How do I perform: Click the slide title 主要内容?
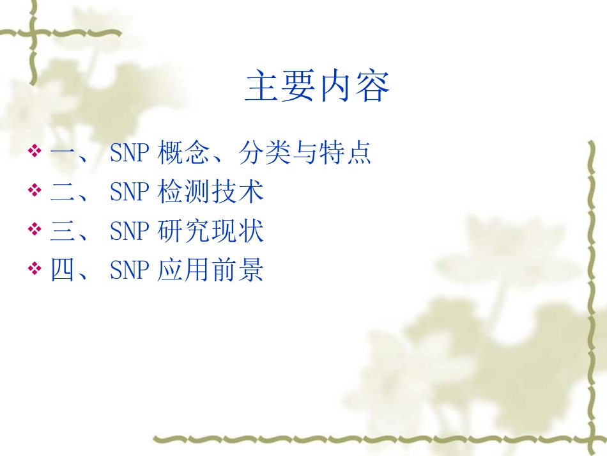(318, 88)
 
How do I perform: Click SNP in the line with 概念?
(130, 153)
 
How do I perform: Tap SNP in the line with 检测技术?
(130, 193)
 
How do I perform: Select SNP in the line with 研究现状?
(130, 232)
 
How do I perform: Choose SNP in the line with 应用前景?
(130, 271)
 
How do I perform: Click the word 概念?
(179, 153)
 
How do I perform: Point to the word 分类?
(260, 153)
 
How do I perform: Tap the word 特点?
(350, 153)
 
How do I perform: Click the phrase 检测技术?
(211, 193)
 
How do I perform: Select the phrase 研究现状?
(211, 232)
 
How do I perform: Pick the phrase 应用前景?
(211, 271)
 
